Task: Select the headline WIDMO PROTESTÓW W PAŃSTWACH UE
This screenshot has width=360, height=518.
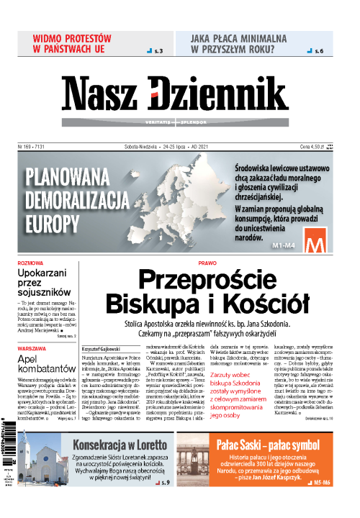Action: click(72, 43)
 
